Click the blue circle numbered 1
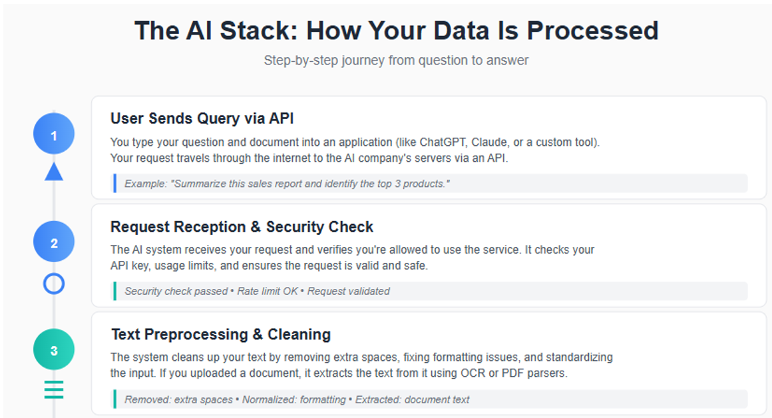tap(54, 135)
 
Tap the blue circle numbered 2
tap(54, 242)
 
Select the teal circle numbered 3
tap(54, 349)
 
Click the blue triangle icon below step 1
tap(54, 172)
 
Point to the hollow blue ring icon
tap(54, 284)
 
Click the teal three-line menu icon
tap(54, 389)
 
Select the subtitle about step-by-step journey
tap(396, 61)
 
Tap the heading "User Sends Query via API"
tap(202, 118)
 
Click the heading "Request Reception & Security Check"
tap(242, 227)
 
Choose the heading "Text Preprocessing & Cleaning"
tap(221, 334)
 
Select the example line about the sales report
tap(287, 183)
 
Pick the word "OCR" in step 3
tap(473, 373)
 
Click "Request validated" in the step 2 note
tap(349, 291)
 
